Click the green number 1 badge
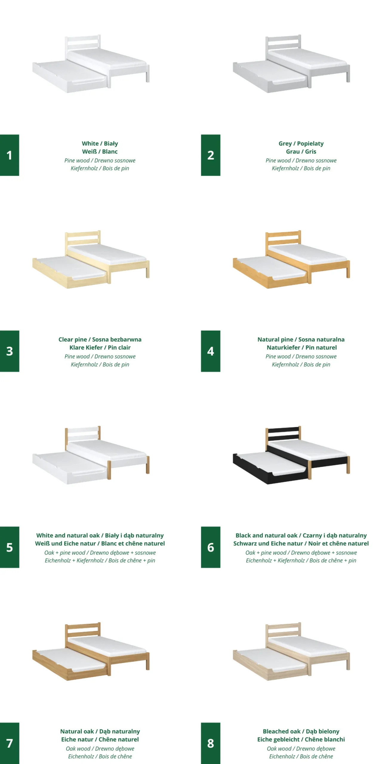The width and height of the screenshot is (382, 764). [10, 155]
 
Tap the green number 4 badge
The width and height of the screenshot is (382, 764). [210, 351]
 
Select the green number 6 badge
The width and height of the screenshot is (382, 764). [210, 547]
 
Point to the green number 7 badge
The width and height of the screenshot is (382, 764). [10, 743]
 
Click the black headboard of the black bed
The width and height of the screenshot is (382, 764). [283, 434]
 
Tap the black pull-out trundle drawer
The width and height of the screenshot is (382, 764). [270, 468]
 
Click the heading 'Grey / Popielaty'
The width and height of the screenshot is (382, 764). [301, 144]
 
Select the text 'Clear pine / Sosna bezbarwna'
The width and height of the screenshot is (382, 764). [100, 339]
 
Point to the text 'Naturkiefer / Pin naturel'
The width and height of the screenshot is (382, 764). [301, 347]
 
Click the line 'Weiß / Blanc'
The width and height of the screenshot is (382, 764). [100, 152]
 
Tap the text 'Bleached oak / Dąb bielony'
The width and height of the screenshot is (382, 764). [301, 731]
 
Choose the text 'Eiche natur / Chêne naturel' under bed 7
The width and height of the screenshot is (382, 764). [100, 740]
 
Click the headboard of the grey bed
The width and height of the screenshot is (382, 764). [283, 44]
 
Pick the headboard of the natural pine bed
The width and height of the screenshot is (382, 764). [283, 239]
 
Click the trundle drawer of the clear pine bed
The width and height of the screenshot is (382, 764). [70, 272]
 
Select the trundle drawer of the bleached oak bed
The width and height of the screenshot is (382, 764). [270, 664]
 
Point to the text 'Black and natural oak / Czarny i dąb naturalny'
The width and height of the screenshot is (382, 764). [301, 535]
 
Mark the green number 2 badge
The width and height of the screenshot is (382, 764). [210, 155]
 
